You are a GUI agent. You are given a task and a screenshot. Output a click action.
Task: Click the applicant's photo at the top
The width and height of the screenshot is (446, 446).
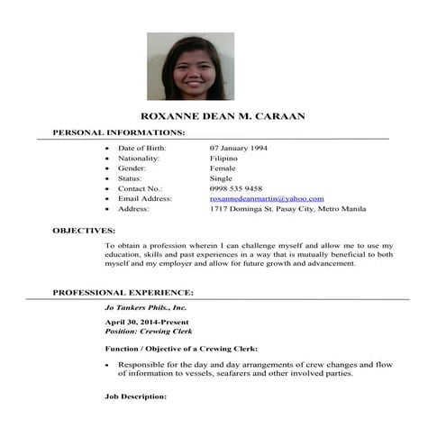190,66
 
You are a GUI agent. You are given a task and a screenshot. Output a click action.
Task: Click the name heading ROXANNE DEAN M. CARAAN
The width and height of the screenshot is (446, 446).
224,117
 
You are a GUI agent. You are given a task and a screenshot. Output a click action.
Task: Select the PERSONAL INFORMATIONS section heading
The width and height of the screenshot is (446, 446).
119,133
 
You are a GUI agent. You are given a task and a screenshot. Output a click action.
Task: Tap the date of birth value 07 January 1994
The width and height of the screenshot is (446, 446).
238,148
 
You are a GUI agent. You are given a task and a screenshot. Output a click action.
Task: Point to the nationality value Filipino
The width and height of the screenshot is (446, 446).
223,158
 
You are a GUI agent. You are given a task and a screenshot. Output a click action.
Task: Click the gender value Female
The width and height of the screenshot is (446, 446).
223,168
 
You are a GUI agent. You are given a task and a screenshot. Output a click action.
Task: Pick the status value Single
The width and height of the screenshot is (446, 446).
221,178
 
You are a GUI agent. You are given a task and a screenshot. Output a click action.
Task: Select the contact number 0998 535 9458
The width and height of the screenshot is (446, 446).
236,188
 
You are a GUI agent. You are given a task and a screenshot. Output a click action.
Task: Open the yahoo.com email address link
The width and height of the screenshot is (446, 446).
267,198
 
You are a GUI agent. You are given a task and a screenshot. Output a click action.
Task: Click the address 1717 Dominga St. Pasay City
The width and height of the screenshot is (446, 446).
287,208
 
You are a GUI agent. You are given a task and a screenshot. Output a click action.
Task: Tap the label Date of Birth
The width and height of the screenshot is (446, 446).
143,148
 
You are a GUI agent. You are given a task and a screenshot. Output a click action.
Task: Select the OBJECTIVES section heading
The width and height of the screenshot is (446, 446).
84,231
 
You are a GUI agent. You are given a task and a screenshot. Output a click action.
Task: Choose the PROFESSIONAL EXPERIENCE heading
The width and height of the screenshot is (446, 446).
123,293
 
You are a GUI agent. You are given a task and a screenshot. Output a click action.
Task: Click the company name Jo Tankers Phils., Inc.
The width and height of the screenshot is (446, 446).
146,307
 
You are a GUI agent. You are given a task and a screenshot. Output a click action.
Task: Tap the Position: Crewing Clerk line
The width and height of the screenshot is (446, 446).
150,332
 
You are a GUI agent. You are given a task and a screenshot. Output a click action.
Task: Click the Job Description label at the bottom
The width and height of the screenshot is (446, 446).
136,396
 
